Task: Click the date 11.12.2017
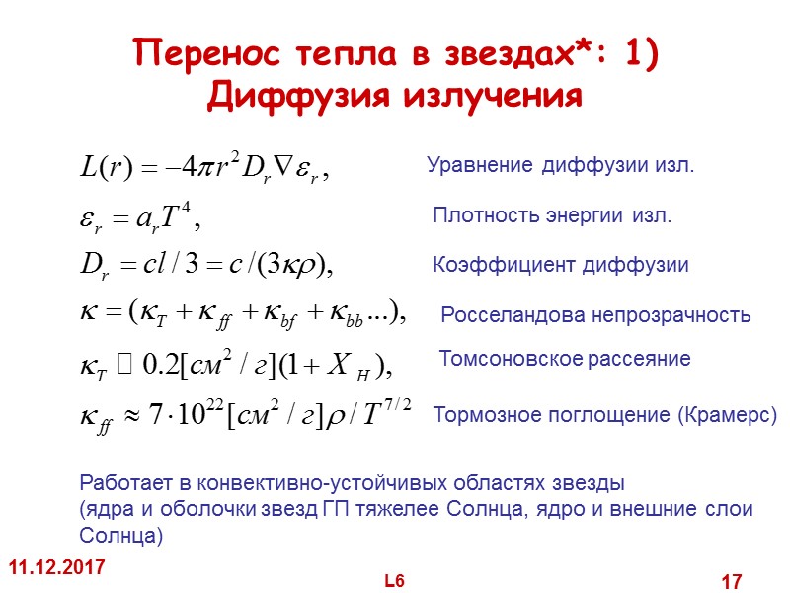(56, 568)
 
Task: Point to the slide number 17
(731, 582)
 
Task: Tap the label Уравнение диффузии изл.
(561, 166)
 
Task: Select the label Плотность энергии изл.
(553, 216)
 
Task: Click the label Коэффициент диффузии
(561, 265)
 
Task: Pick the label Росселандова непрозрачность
(595, 316)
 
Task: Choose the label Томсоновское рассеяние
(564, 358)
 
